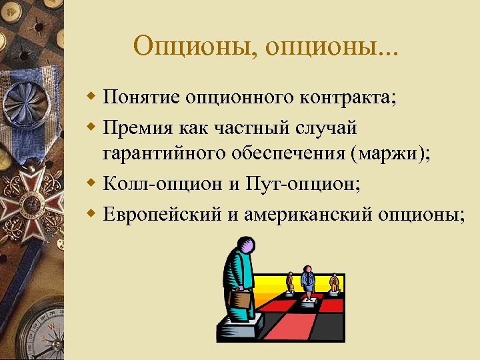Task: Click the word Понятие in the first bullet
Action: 142,99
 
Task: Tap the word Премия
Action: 139,126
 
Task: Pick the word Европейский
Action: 167,214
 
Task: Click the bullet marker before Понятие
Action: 91,98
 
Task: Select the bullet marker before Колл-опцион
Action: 91,183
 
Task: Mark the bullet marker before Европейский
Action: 91,213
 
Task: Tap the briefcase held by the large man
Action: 241,300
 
